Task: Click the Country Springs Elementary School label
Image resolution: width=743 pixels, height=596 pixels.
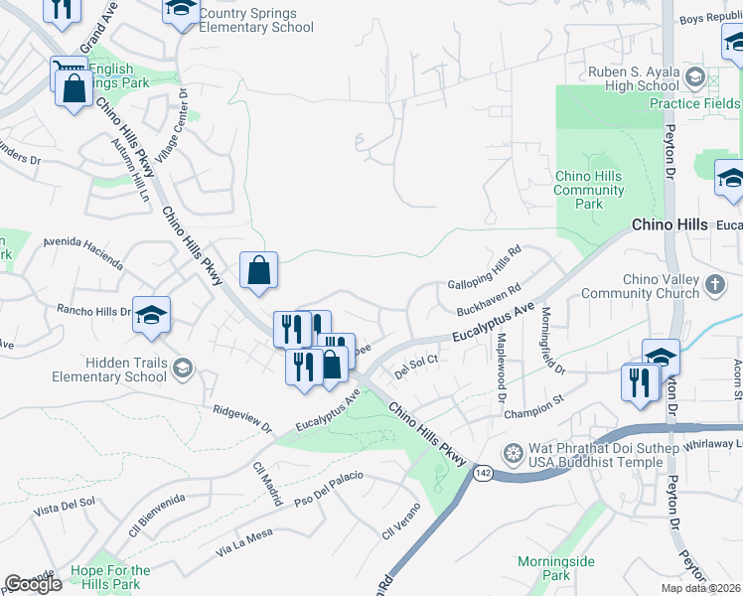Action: click(x=255, y=20)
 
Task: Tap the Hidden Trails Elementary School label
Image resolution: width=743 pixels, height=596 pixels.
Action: click(x=111, y=371)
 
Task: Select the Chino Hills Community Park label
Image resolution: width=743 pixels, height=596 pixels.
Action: click(x=589, y=191)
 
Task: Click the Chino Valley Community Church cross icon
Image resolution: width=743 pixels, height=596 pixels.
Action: click(x=715, y=286)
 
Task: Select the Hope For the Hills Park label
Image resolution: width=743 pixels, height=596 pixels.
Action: click(x=111, y=577)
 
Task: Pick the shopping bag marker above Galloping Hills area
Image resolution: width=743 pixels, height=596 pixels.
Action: click(x=258, y=270)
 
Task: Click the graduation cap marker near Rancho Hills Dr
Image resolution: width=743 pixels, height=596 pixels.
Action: click(x=151, y=316)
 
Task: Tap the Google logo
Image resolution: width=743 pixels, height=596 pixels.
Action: click(x=33, y=584)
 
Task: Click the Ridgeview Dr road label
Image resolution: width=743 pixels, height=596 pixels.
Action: click(x=241, y=418)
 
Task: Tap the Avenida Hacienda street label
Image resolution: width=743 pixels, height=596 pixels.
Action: click(x=83, y=253)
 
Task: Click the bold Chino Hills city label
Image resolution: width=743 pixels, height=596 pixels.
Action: click(x=669, y=225)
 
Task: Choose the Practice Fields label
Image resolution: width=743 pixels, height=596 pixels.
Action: click(x=694, y=103)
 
